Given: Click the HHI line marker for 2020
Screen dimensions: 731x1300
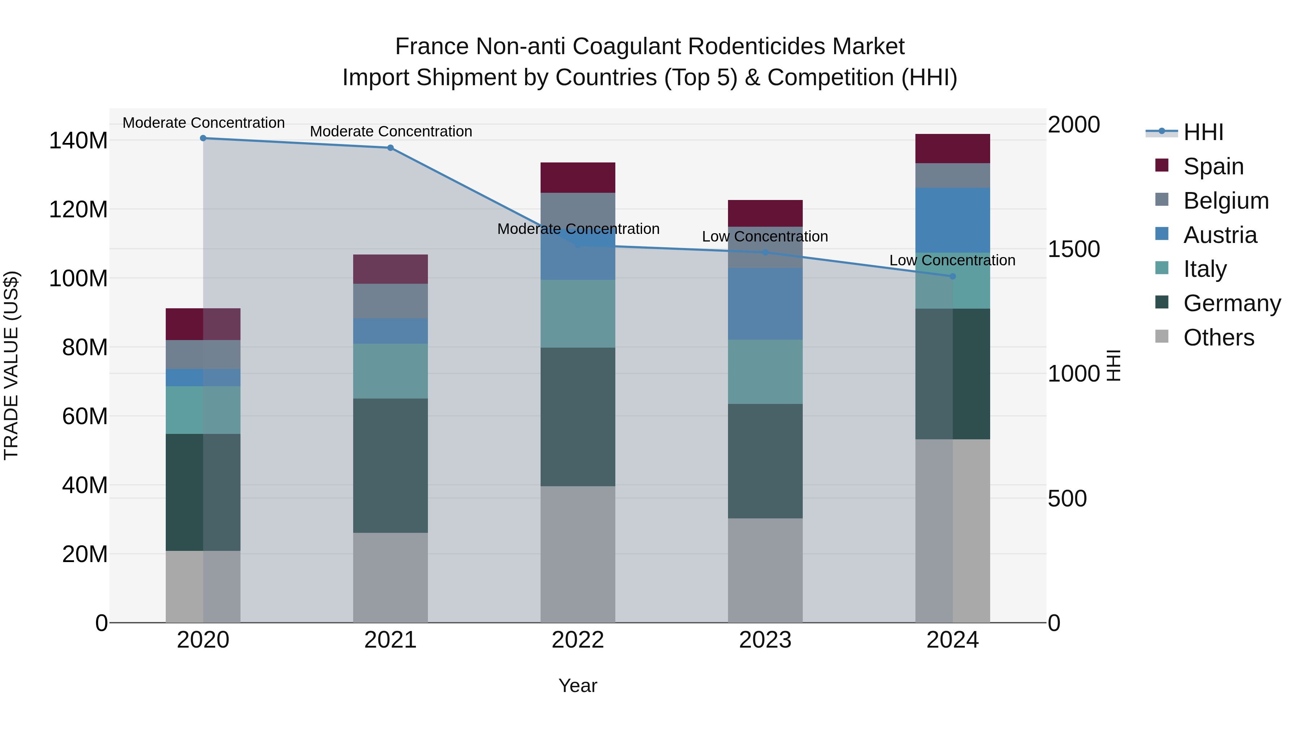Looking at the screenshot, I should tap(203, 138).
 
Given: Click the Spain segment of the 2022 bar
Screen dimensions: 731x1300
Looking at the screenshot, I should tap(577, 178).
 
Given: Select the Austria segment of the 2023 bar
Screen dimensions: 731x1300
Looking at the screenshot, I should tap(765, 304).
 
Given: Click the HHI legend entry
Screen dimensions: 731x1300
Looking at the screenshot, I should tap(1203, 132).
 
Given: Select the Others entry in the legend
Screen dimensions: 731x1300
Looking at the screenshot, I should tap(1218, 338).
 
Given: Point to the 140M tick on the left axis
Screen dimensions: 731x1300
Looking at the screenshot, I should tap(78, 140).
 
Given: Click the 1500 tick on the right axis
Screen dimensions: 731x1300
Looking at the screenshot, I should tap(1074, 249).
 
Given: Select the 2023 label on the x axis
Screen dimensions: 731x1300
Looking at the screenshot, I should tap(765, 640).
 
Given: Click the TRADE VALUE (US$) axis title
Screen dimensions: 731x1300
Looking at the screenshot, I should tap(11, 365).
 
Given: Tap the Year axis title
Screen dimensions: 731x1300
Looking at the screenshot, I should tap(577, 686).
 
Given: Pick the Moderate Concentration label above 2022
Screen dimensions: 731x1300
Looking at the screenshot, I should tap(578, 229).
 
